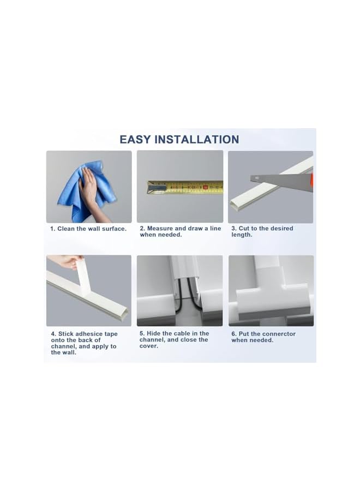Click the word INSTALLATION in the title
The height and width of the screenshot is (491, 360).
click(196, 140)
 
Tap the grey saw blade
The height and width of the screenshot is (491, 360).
click(273, 178)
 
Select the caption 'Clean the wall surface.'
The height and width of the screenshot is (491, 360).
click(92, 229)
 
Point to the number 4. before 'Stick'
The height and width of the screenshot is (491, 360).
click(53, 334)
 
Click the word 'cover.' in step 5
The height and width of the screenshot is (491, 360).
click(149, 346)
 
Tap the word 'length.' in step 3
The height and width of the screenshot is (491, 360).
click(242, 235)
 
